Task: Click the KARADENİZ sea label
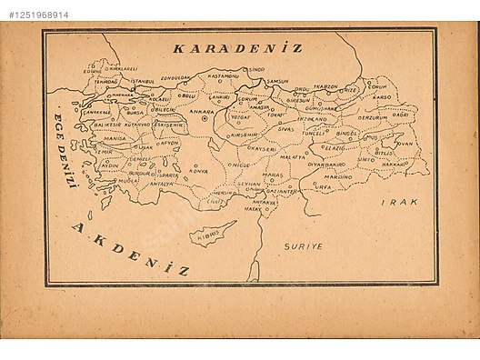237,47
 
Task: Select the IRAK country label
400,202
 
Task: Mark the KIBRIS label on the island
206,237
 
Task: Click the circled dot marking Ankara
205,119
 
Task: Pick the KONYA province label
198,171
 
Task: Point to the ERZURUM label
373,117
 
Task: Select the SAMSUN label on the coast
277,81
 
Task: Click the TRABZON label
325,87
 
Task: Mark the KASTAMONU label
221,76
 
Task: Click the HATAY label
252,209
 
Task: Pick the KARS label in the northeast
382,95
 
